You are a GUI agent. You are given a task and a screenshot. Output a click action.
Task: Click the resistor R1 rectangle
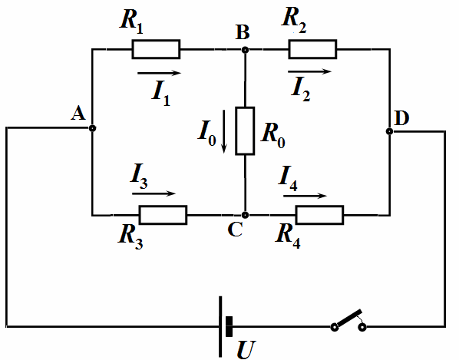point(156,49)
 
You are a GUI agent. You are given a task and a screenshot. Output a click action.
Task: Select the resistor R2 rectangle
point(312,49)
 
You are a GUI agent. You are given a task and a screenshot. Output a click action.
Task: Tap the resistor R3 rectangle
point(163,215)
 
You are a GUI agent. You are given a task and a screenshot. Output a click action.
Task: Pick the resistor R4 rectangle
point(319,215)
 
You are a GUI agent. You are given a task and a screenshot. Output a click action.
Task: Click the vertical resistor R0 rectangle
point(245,130)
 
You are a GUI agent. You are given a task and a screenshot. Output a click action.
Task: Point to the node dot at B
point(246,50)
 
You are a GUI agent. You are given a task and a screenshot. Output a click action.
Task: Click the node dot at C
point(246,215)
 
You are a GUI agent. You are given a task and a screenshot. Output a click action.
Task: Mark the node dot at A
point(93,128)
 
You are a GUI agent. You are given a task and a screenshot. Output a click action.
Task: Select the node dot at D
point(389,131)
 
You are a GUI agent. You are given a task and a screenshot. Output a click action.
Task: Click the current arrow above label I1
point(159,73)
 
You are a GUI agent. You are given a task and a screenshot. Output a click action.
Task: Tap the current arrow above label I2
point(309,71)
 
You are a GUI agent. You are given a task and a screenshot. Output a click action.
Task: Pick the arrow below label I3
point(154,193)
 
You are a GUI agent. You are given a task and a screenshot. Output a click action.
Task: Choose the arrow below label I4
point(305,196)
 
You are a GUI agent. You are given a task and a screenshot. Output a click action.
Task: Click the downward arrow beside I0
point(224,131)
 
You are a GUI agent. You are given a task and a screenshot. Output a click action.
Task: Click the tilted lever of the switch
point(349,318)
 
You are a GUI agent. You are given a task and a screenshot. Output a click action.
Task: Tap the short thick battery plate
point(229,326)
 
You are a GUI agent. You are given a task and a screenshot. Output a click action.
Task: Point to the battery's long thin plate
point(220,327)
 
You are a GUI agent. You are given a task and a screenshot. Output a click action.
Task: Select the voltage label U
point(246,350)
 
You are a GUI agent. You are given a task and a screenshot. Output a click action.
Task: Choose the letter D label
point(401,118)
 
